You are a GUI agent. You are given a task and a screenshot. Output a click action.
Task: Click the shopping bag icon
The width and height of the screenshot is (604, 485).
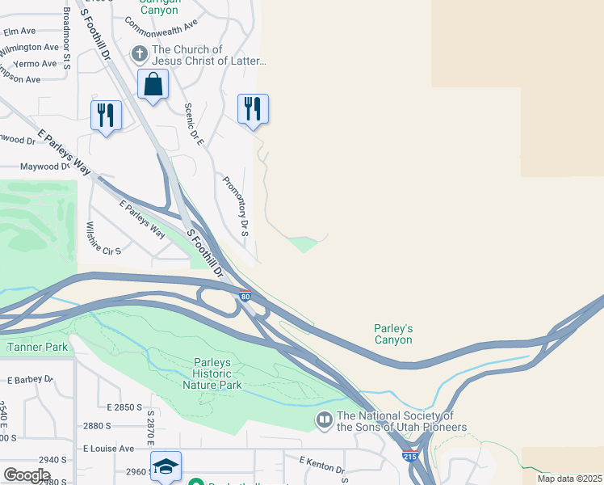coord(153,83)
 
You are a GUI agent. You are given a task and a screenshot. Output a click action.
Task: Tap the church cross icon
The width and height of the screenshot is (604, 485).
coord(139,55)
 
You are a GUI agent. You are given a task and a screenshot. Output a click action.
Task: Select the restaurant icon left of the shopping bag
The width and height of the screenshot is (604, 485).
coord(106,115)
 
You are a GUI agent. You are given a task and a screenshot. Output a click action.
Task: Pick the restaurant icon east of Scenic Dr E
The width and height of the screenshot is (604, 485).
coord(253,108)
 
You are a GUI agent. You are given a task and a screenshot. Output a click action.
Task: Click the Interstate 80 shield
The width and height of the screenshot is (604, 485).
coord(245,297)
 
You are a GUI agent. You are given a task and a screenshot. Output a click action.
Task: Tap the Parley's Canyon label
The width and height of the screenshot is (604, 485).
coord(393,334)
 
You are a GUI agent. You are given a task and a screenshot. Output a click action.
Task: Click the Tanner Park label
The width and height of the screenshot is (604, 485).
coord(38,348)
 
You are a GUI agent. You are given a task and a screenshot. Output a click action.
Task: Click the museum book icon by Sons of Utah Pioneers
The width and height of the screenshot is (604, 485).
coord(324,420)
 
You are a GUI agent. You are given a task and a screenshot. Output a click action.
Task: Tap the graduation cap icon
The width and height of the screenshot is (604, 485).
coord(166,466)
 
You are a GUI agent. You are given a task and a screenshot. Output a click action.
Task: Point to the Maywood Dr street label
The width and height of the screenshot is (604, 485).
coord(44,167)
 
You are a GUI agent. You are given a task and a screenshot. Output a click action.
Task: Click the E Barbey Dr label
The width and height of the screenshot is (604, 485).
coord(30,379)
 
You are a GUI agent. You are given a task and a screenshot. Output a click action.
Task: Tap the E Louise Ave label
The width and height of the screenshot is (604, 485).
coord(108,448)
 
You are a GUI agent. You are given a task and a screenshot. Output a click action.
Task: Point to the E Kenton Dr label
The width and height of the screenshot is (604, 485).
coord(323,466)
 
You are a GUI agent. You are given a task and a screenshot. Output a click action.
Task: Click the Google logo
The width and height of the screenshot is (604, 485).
coord(26,475)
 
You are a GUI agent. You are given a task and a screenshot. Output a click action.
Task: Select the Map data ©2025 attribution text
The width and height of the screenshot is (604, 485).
coord(570,479)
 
